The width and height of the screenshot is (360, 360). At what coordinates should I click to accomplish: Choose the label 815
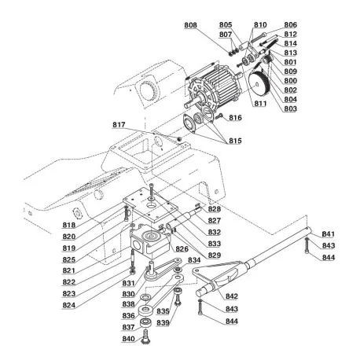coord(234,140)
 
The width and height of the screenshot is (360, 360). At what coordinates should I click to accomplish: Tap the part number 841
coord(328,234)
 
